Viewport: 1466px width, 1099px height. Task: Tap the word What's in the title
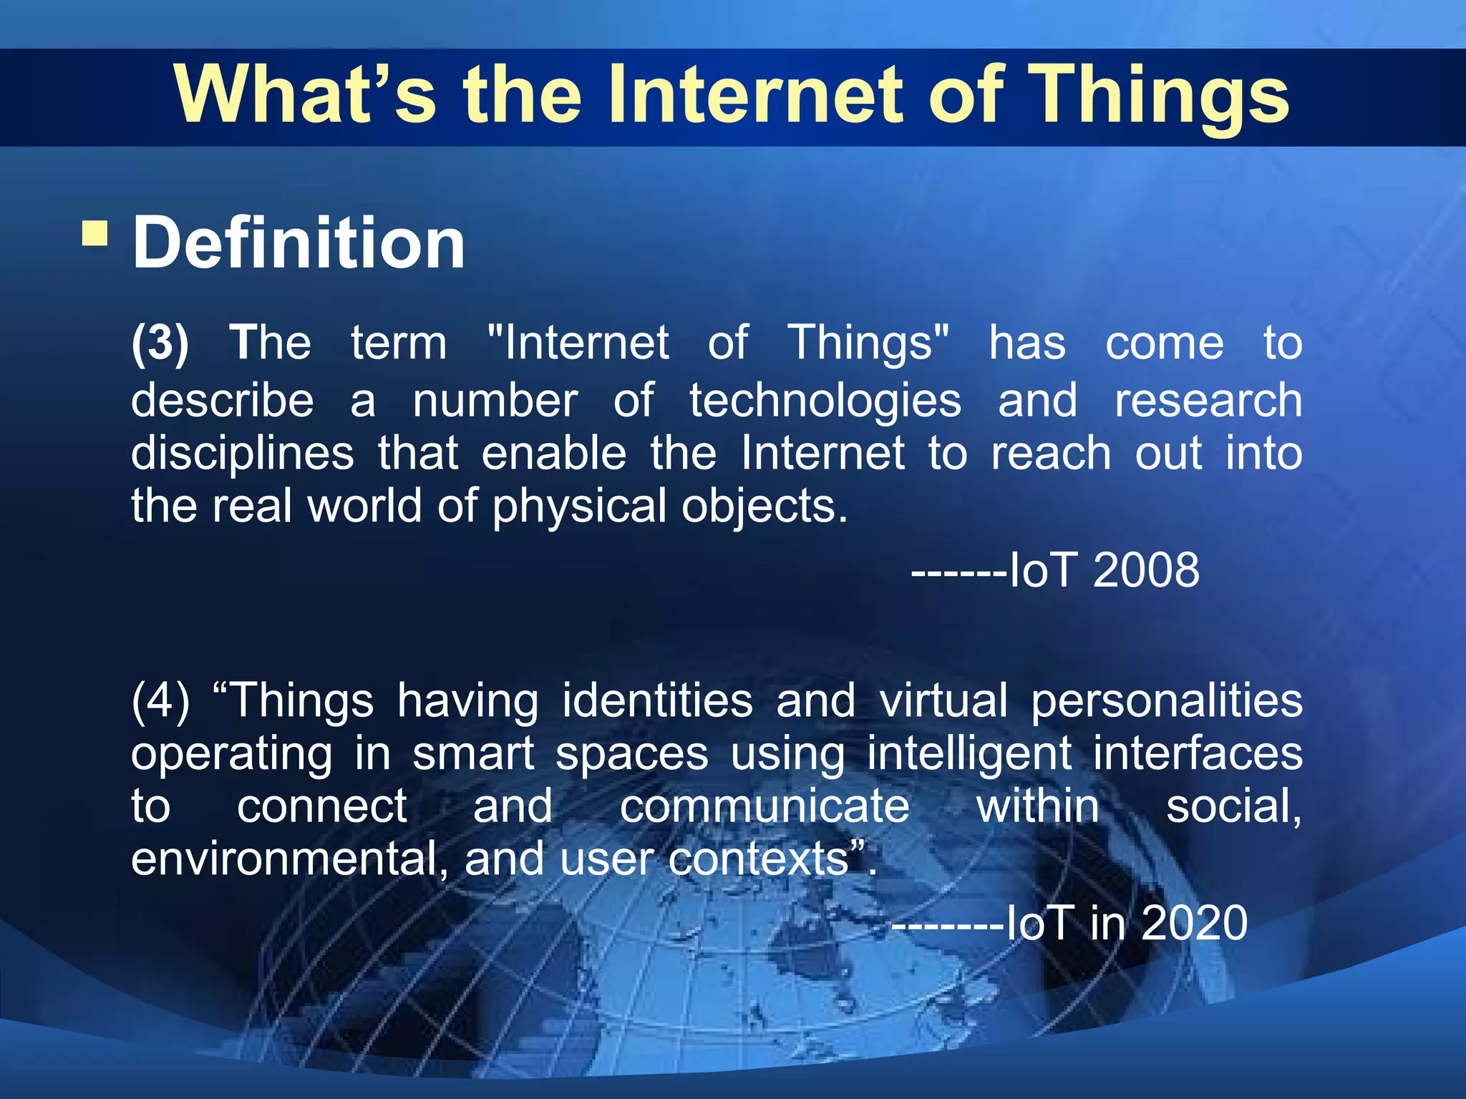[x=305, y=97]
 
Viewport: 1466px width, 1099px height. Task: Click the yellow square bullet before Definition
[x=95, y=234]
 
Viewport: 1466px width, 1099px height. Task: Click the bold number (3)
[x=160, y=343]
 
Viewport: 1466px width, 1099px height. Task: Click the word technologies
[x=825, y=401]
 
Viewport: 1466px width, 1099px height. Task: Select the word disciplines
[x=243, y=454]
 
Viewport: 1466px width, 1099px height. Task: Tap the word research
[x=1208, y=401]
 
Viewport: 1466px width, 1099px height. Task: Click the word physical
[x=580, y=507]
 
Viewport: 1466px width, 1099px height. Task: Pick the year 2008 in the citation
[x=1146, y=570]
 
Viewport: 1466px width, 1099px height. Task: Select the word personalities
[x=1167, y=701]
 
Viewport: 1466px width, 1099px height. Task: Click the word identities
[x=657, y=700]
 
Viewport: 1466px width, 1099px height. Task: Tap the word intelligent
[x=969, y=754]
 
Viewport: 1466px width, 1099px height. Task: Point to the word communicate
[x=764, y=807]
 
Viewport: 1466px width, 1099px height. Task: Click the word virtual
[x=943, y=700]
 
